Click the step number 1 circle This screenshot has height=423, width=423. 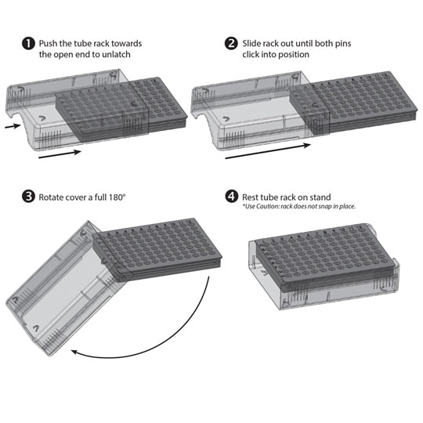coord(28,43)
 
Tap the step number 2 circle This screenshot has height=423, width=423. coord(231,43)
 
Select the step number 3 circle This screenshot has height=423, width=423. coord(28,197)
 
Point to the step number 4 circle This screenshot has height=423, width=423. coord(232,196)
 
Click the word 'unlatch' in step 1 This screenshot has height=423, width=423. coord(116,55)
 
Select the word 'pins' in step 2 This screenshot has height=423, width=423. coord(343,44)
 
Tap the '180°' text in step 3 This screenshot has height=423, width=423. coord(117,197)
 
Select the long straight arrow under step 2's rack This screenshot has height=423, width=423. coord(268,152)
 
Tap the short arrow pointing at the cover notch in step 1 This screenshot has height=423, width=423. coord(13,125)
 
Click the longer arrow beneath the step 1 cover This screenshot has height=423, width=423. coord(60,154)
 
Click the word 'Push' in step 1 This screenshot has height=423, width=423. coord(47,43)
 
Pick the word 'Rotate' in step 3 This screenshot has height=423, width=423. coord(51,197)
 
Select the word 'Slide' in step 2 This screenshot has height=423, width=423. coord(251,43)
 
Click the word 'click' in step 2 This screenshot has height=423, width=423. coord(251,55)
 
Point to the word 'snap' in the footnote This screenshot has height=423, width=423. coord(325,207)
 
